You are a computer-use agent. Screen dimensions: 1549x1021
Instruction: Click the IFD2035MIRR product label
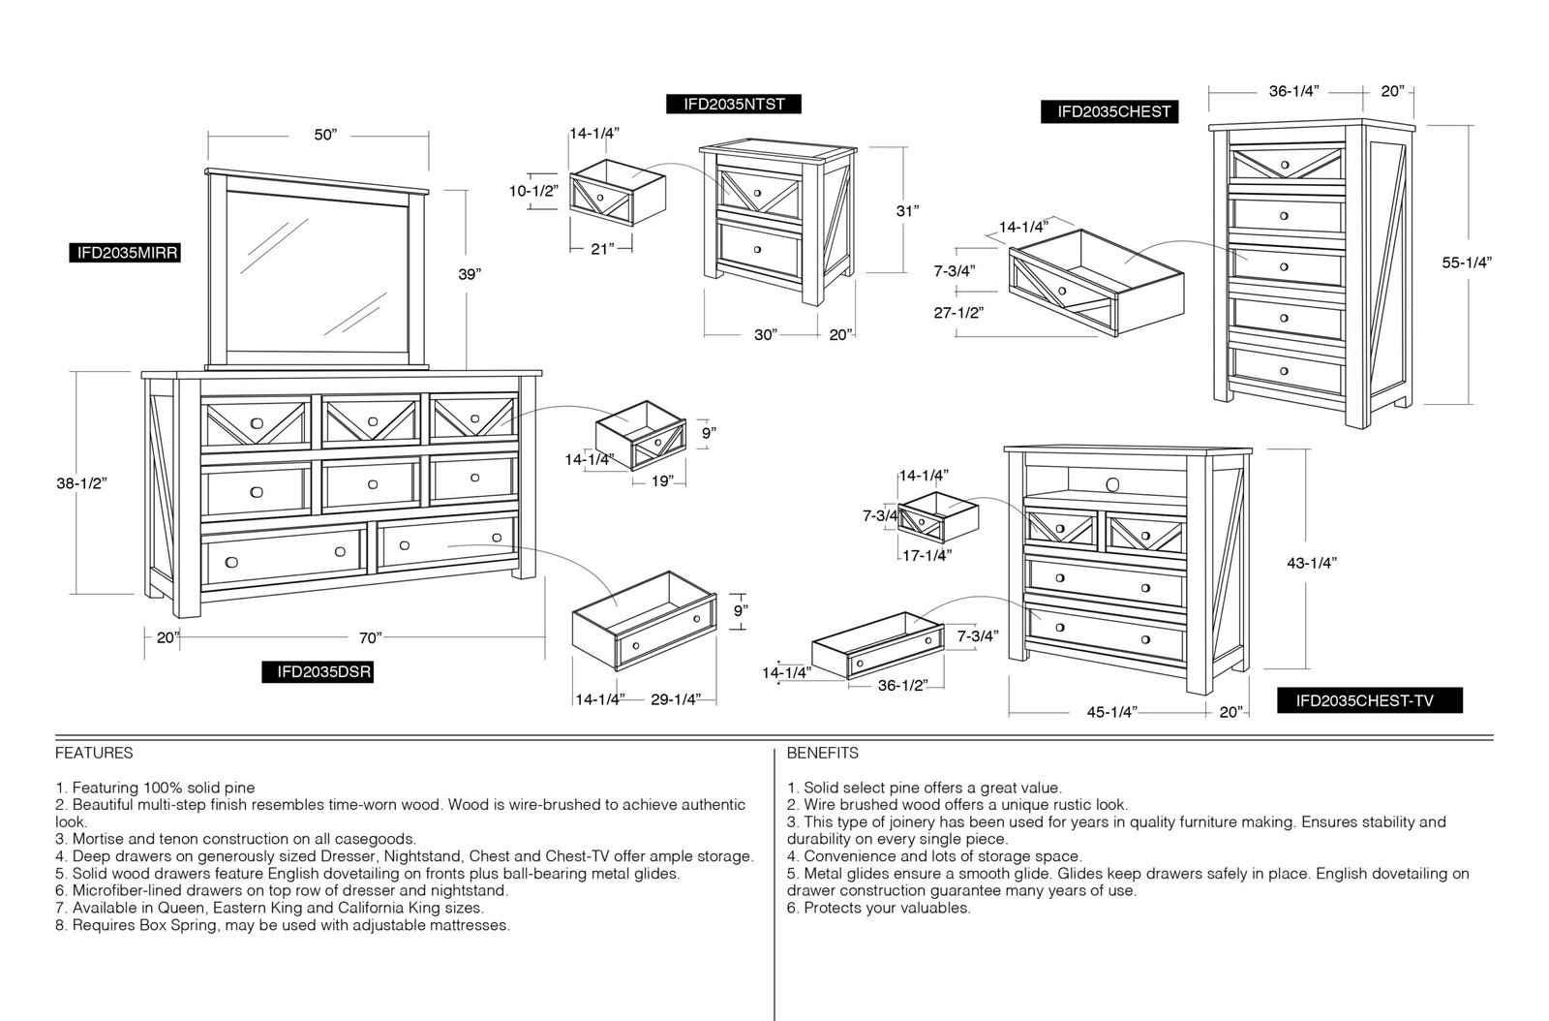(125, 253)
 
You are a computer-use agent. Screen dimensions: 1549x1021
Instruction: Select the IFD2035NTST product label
(734, 104)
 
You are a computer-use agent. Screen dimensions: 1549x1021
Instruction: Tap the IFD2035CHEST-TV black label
(1369, 700)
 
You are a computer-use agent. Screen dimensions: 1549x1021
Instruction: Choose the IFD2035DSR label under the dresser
(318, 671)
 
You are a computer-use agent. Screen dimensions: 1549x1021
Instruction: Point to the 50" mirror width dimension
(325, 135)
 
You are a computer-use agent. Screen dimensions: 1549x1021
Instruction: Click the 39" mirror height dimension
(469, 274)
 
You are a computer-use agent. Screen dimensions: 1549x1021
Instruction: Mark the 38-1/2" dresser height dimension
(81, 482)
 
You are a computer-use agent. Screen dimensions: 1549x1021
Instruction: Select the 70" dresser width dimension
(371, 637)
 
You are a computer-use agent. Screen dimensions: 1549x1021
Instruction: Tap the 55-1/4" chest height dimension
(1467, 263)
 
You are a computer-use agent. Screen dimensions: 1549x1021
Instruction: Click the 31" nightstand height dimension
(907, 211)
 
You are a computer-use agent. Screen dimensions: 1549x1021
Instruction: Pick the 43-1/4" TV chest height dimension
(1312, 563)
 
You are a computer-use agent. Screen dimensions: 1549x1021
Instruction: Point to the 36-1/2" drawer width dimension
(902, 686)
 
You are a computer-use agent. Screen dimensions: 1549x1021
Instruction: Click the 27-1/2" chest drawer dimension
(958, 313)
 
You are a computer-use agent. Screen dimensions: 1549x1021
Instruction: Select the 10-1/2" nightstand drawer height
(533, 191)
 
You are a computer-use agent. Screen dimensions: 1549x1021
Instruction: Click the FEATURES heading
(94, 753)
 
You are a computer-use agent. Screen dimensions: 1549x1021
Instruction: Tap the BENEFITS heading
(822, 753)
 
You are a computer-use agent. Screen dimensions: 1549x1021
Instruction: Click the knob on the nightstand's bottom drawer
(758, 249)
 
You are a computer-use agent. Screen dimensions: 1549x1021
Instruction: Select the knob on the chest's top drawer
(1285, 165)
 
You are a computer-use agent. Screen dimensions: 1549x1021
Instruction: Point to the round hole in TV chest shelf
(1112, 483)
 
